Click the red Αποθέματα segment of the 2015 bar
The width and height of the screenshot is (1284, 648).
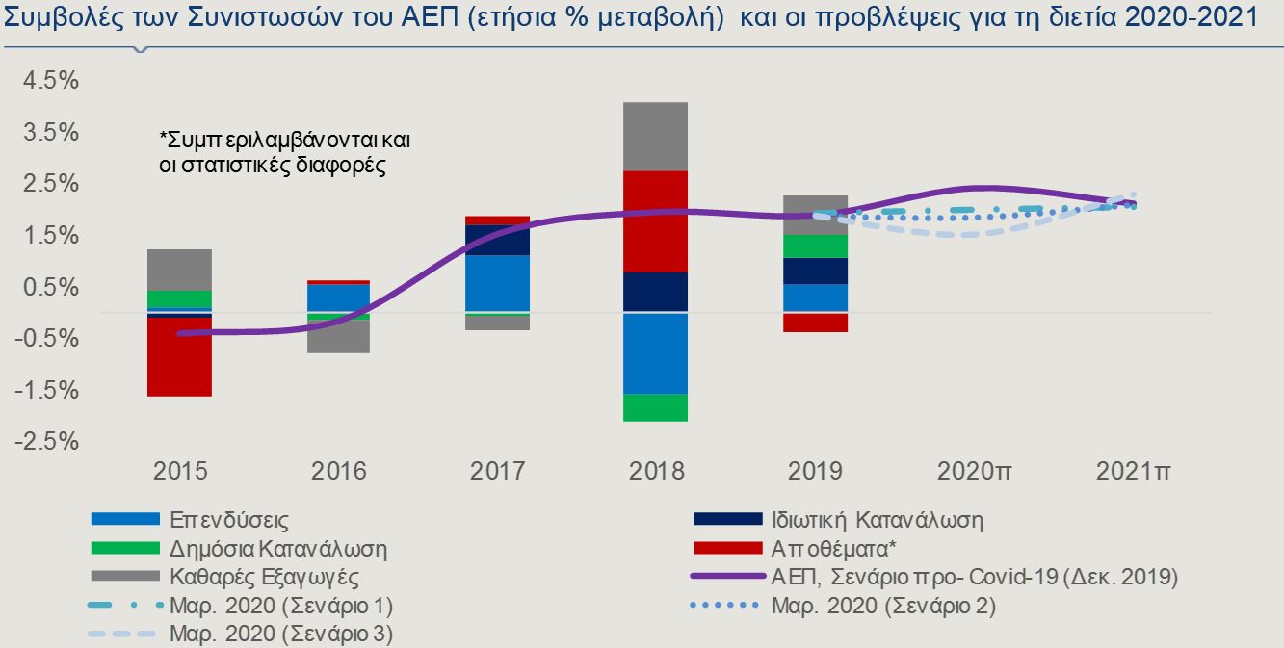coord(179,356)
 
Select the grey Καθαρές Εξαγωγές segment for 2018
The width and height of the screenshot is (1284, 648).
coord(655,136)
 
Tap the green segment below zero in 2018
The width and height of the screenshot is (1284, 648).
coord(655,407)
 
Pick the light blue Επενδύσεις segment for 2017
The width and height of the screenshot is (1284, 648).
coord(497,283)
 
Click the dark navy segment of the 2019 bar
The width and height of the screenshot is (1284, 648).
coord(815,271)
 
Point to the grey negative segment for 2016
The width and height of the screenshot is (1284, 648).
coord(338,336)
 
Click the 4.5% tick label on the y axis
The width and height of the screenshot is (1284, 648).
coord(48,81)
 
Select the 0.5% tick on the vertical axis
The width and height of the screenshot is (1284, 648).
coord(48,287)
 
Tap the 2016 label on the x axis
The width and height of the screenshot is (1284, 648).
coord(338,472)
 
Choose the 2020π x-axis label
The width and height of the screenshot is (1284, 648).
coord(974,472)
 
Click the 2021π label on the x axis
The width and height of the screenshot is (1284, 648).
coord(1134,472)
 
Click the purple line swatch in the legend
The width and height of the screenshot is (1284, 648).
coord(727,578)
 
